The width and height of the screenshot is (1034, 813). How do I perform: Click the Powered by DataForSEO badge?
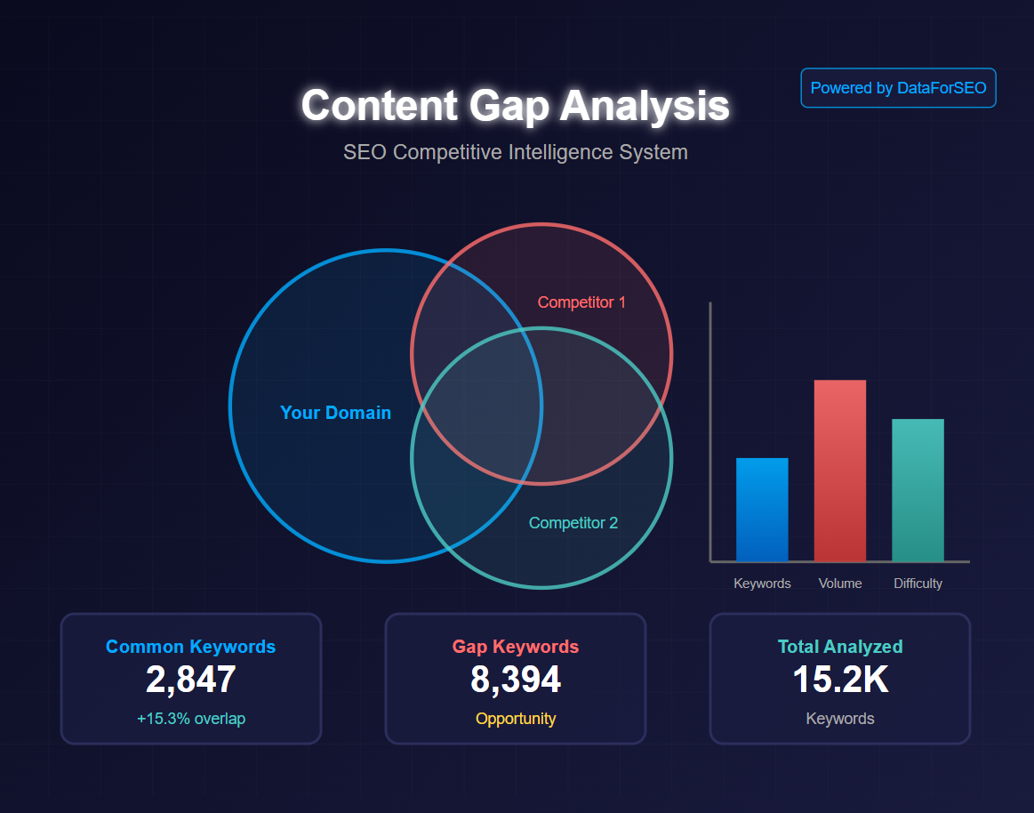[898, 88]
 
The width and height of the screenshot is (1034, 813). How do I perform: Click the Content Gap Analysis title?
[515, 105]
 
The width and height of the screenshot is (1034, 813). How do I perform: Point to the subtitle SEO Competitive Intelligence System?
[515, 152]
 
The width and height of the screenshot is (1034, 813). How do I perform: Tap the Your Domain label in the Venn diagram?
[335, 413]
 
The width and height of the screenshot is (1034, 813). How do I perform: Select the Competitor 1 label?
[581, 302]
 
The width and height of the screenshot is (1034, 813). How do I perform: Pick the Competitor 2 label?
[573, 523]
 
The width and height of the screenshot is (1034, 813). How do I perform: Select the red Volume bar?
[839, 471]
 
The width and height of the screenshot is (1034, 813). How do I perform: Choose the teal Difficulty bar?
[918, 490]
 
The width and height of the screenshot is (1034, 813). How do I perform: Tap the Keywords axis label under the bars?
[762, 584]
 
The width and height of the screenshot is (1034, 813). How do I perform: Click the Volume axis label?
[840, 584]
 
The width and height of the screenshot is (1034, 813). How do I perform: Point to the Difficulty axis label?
[918, 584]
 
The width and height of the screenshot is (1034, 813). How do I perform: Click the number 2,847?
[190, 680]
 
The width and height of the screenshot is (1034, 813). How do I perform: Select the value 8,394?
[515, 680]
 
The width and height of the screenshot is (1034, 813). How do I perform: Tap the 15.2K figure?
[839, 680]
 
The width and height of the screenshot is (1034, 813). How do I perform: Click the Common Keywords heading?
[190, 647]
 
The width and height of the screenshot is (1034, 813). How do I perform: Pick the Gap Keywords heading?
[515, 647]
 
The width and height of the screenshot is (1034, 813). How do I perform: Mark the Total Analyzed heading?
[839, 647]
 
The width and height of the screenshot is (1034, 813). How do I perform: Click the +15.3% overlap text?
[190, 719]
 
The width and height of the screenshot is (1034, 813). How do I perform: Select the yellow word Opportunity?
[515, 719]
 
